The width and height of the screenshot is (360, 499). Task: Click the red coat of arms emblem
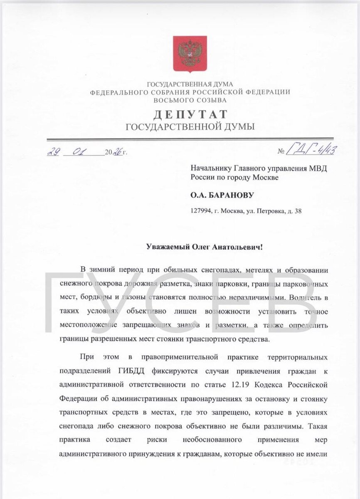tap(190, 54)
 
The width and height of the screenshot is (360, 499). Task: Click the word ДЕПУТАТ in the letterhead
tap(191, 114)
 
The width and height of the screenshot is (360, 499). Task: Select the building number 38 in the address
tap(298, 211)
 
